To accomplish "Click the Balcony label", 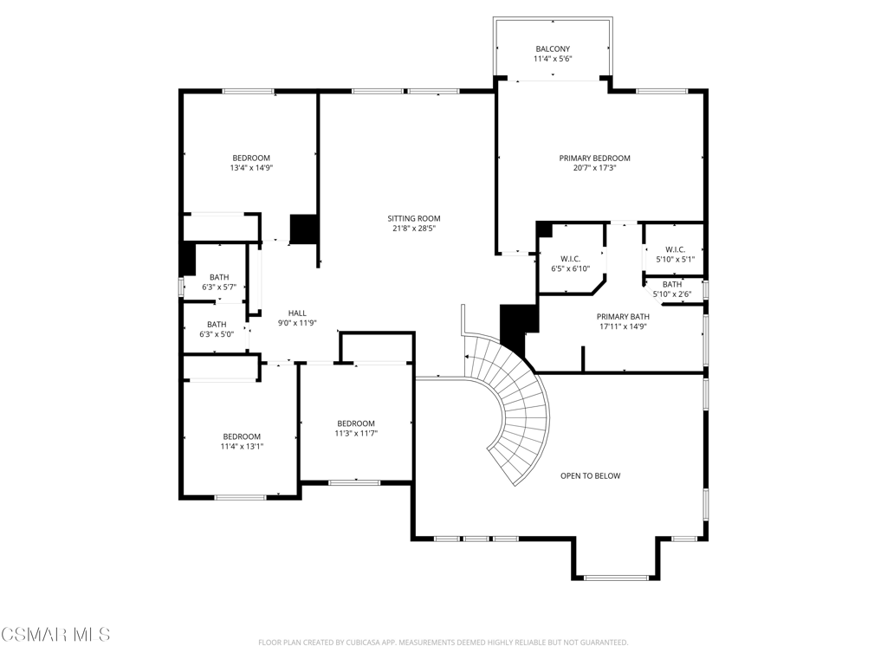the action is (x=553, y=49).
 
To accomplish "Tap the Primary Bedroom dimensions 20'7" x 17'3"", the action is (x=594, y=168).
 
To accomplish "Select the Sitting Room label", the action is (x=413, y=218).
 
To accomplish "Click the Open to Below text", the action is (x=590, y=476).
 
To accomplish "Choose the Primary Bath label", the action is (x=623, y=317).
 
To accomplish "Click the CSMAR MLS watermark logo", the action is (x=55, y=634).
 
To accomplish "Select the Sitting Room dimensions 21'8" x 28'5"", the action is (x=414, y=229).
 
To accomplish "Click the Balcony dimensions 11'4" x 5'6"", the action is (x=553, y=59).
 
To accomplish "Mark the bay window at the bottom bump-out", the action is (x=616, y=578).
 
